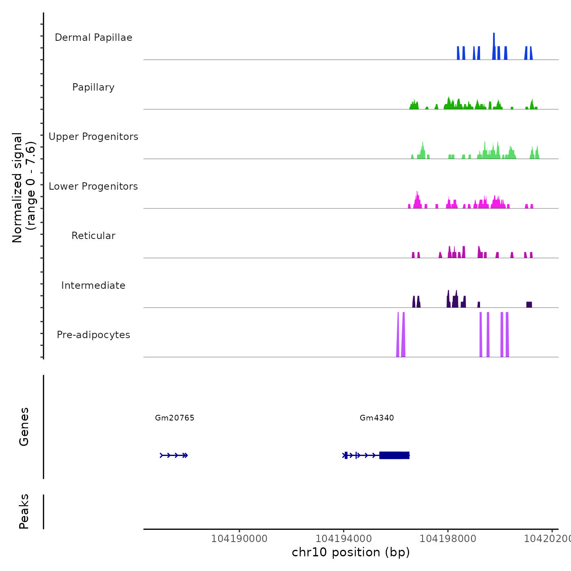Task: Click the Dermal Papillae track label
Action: [93, 38]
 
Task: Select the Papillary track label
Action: [93, 87]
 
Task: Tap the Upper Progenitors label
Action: [93, 137]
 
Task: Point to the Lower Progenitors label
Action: [93, 186]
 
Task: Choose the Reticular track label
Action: [93, 236]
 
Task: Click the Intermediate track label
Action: [93, 285]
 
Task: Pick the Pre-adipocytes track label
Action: [93, 335]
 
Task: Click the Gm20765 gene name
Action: [175, 418]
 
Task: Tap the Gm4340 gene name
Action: [377, 418]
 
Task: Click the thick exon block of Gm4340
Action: [394, 455]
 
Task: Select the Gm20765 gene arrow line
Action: [173, 455]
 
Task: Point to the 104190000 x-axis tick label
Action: [239, 539]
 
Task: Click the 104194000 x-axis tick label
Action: [343, 539]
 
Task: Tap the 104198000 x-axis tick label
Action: [448, 539]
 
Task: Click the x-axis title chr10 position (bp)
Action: [351, 552]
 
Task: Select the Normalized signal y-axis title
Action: [24, 188]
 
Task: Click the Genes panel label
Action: [24, 427]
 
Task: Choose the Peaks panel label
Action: [24, 511]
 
